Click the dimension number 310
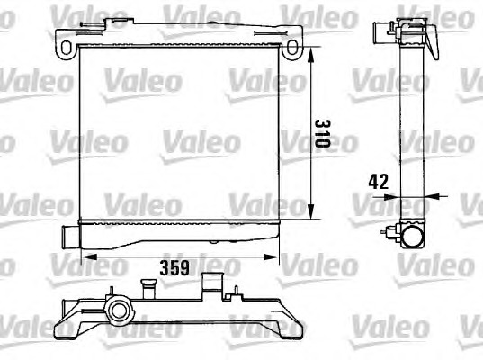pyautogui.click(x=323, y=134)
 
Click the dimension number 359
pyautogui.click(x=174, y=268)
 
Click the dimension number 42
pyautogui.click(x=379, y=182)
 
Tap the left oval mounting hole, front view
pyautogui.click(x=66, y=48)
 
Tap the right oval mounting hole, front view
pyautogui.click(x=291, y=48)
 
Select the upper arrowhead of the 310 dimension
pyautogui.click(x=311, y=55)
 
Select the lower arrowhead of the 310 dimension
pyautogui.click(x=311, y=211)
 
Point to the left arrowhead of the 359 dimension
pyautogui.click(x=89, y=256)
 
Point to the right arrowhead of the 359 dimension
pyautogui.click(x=271, y=256)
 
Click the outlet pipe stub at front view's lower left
pyautogui.click(x=70, y=236)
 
